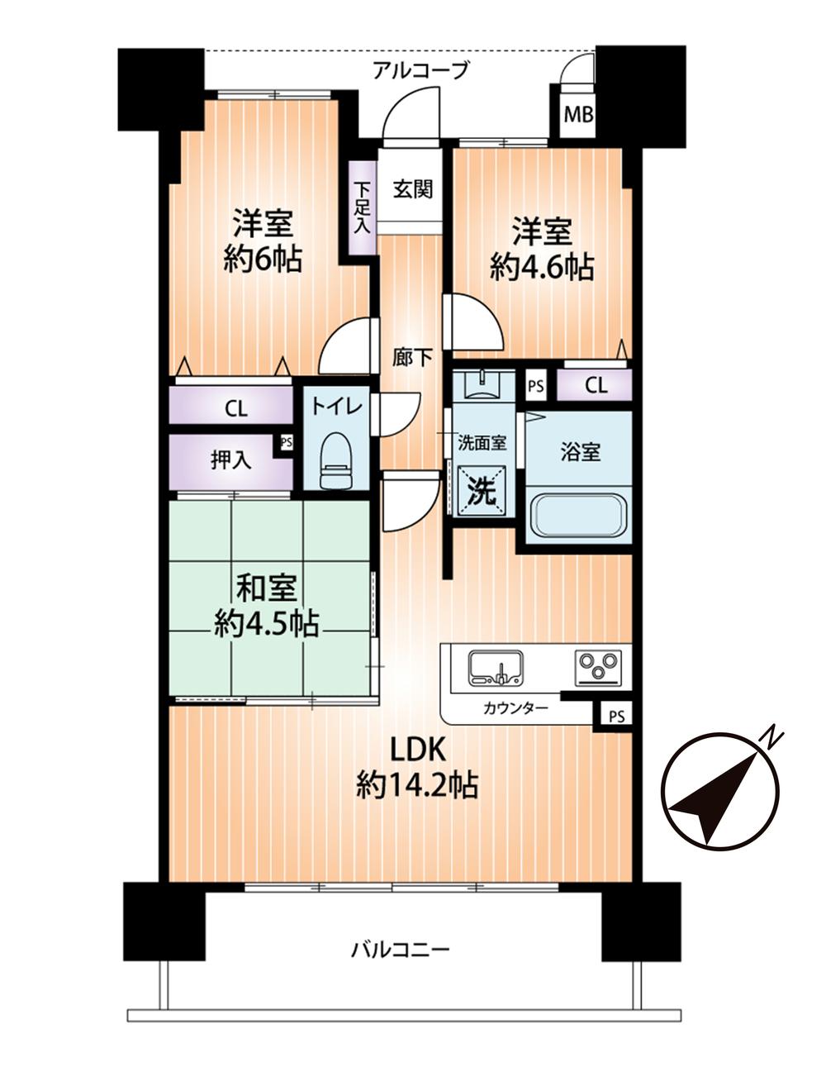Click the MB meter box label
point(578,115)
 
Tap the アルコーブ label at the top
point(421,70)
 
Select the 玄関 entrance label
point(413,188)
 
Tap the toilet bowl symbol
point(336,460)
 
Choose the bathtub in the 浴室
point(579,517)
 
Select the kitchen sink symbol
point(496,668)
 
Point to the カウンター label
point(515,708)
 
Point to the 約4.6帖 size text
point(542,268)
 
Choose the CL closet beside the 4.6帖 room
point(595,385)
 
